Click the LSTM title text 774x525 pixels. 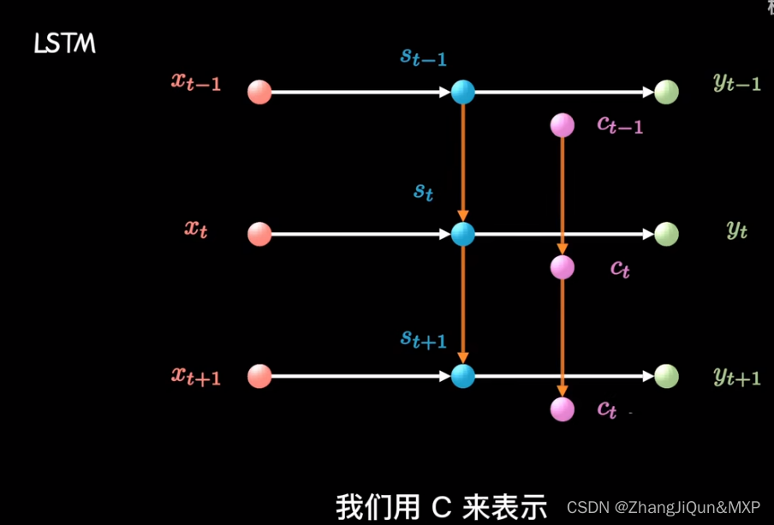pyautogui.click(x=64, y=44)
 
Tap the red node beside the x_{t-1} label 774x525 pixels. pyautogui.click(x=259, y=92)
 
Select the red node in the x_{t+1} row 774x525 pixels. pyautogui.click(x=259, y=376)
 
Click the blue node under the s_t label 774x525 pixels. pyautogui.click(x=463, y=234)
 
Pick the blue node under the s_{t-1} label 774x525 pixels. pyautogui.click(x=463, y=92)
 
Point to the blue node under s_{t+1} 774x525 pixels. pyautogui.click(x=463, y=376)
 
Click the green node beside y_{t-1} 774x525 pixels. pyautogui.click(x=666, y=92)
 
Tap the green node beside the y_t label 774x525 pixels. pyautogui.click(x=666, y=234)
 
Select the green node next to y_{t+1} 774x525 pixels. pyautogui.click(x=666, y=376)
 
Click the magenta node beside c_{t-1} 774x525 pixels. pyautogui.click(x=562, y=126)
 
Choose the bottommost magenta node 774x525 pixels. pyautogui.click(x=562, y=409)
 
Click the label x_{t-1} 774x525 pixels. pyautogui.click(x=196, y=82)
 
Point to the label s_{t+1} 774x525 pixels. pyautogui.click(x=424, y=338)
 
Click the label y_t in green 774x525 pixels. pyautogui.click(x=736, y=229)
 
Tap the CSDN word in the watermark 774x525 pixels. pyautogui.click(x=587, y=507)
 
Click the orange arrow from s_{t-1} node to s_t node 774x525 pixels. pyautogui.click(x=463, y=163)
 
